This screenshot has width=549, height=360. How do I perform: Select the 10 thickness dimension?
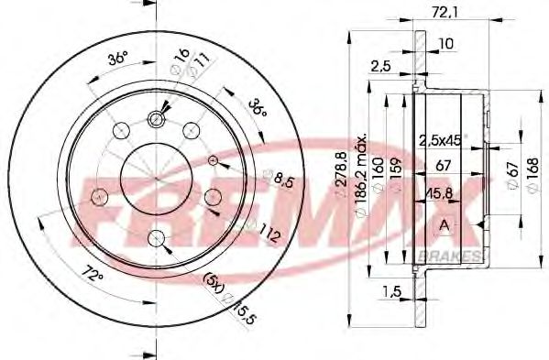tap(445, 43)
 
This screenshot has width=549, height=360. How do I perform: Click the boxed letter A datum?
tap(445, 225)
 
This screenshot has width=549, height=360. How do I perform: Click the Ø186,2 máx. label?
tap(365, 174)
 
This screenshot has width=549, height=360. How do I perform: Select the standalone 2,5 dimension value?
tap(380, 65)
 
